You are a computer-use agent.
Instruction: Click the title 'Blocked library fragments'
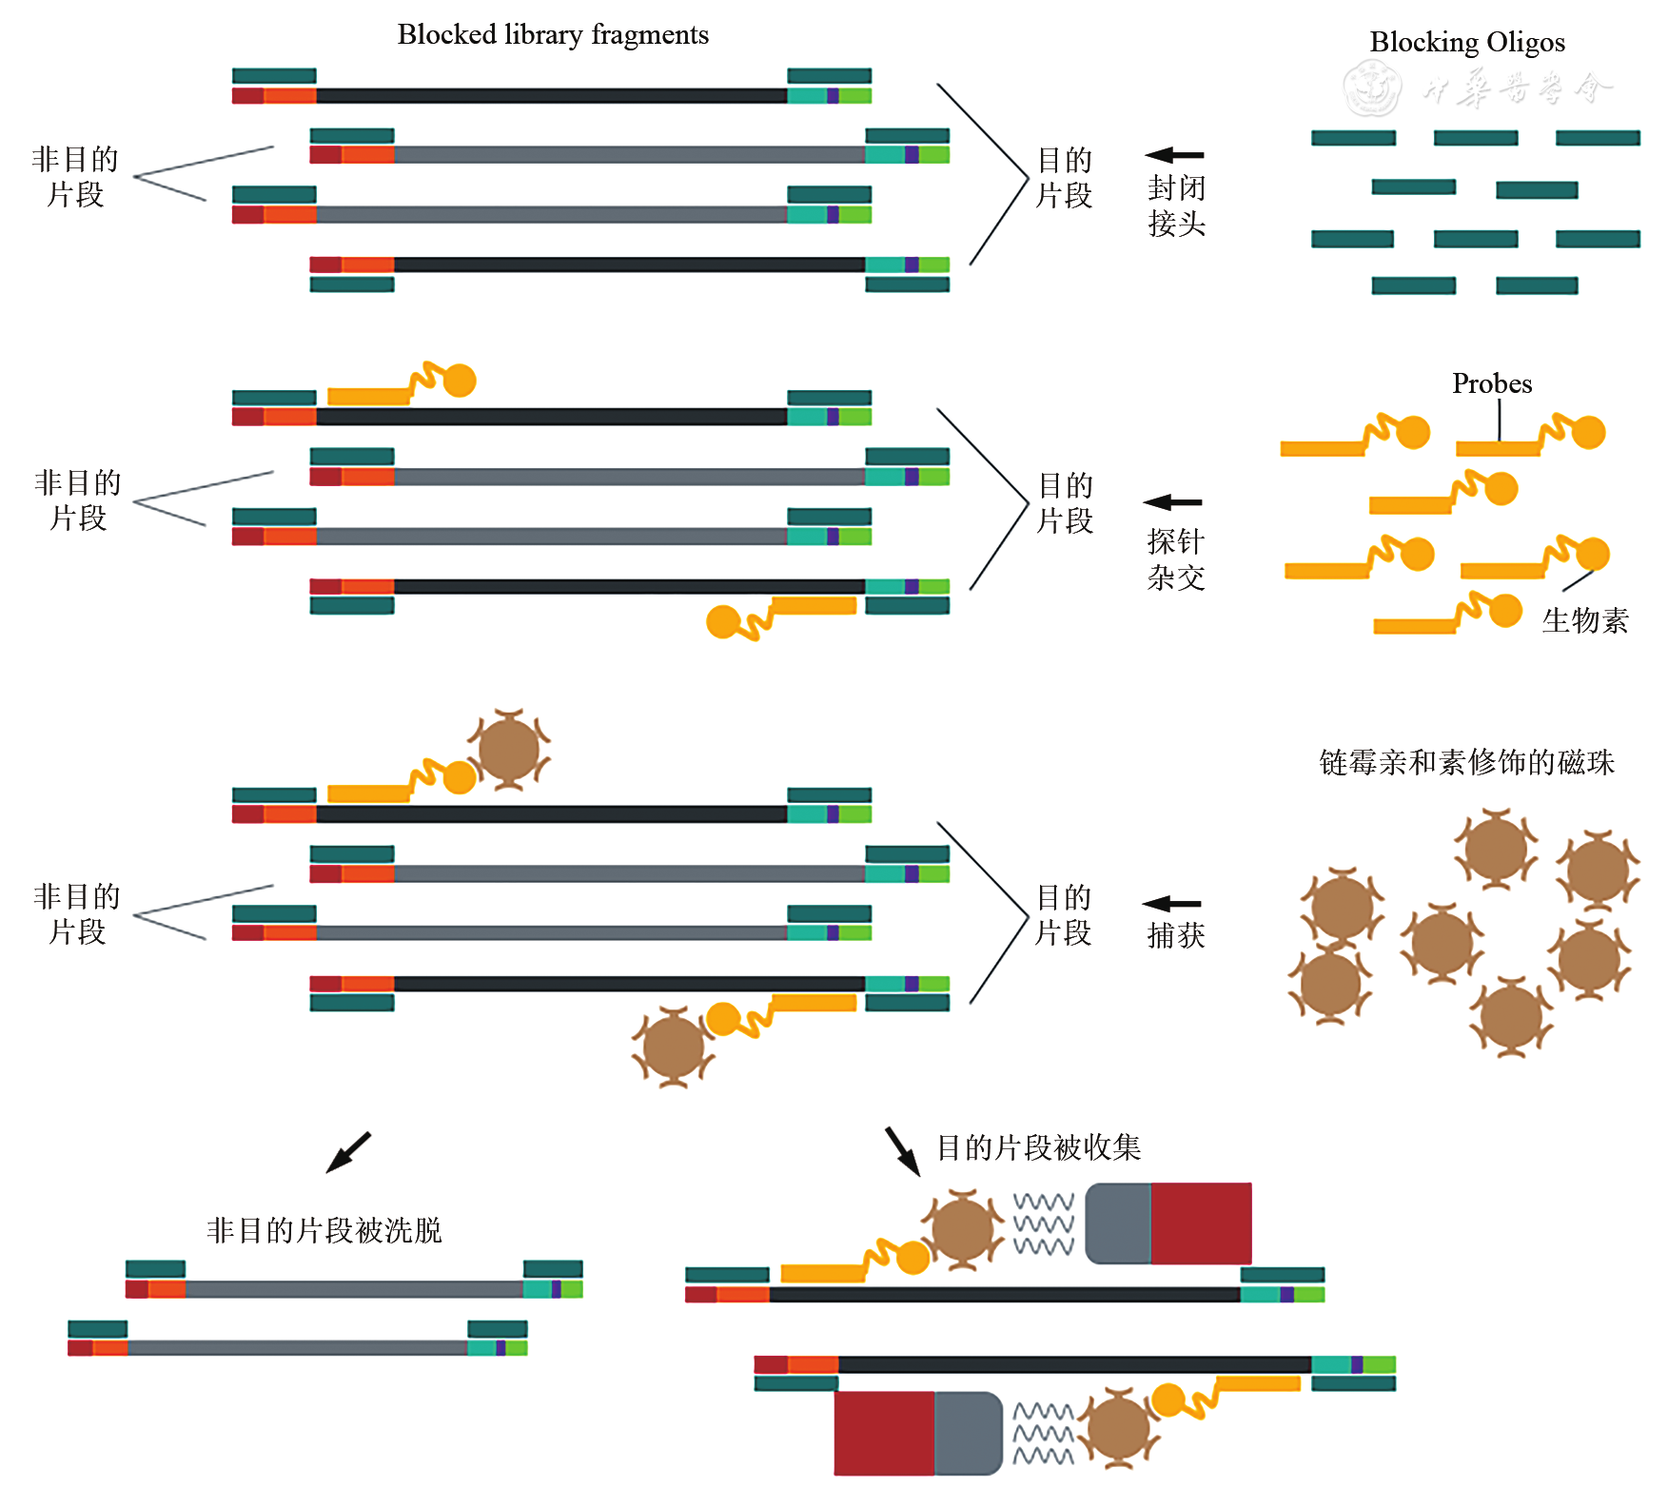click(x=553, y=35)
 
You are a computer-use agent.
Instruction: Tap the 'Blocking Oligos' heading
click(x=1466, y=43)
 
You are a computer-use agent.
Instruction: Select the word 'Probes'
click(x=1491, y=383)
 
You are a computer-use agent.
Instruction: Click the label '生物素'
click(x=1584, y=620)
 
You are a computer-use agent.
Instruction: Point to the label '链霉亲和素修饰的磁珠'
click(x=1466, y=762)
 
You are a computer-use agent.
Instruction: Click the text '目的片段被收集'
click(x=1038, y=1147)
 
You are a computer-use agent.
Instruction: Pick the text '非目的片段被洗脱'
click(x=324, y=1230)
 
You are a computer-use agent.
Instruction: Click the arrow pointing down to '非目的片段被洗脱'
click(x=348, y=1152)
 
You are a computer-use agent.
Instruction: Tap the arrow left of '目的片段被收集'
click(x=902, y=1151)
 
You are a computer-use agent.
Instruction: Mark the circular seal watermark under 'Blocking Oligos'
click(x=1371, y=88)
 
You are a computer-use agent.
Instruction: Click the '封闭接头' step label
click(x=1176, y=205)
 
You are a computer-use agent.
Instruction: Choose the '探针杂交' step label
click(x=1176, y=559)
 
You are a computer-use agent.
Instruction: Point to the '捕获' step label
click(x=1176, y=935)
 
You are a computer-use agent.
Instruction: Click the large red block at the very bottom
click(x=884, y=1433)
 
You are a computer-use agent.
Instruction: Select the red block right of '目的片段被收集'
click(x=1201, y=1223)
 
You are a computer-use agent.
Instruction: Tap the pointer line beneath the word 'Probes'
click(x=1500, y=419)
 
